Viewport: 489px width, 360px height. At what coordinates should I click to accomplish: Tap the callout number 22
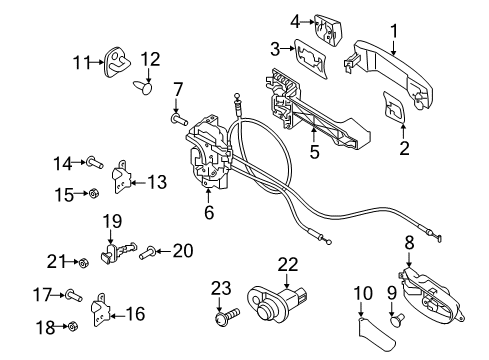coord(288,265)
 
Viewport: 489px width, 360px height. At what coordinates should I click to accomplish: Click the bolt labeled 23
coord(222,320)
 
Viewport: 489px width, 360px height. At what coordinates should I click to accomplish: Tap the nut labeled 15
coord(93,192)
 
